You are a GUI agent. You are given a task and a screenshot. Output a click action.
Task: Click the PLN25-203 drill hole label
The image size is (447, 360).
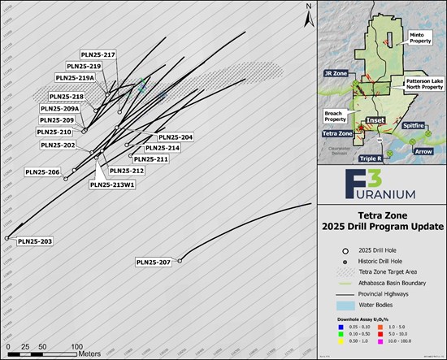(35, 241)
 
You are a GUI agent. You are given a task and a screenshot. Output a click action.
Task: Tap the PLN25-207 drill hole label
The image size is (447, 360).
(154, 262)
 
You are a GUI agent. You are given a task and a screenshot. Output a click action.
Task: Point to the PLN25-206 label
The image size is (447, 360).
(43, 171)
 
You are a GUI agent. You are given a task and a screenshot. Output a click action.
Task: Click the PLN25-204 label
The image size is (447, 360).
(175, 137)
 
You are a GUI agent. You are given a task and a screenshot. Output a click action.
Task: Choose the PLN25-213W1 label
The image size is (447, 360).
(111, 184)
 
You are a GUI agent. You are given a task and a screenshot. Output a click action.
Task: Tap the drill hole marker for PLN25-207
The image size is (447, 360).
(180, 260)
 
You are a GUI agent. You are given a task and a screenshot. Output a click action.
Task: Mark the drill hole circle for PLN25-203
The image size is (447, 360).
(7, 238)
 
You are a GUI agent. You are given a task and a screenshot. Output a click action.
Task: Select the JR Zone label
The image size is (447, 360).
(336, 72)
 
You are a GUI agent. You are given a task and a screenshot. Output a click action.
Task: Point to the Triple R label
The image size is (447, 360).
(368, 157)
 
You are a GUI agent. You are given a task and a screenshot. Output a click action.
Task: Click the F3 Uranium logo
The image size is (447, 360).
(381, 186)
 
